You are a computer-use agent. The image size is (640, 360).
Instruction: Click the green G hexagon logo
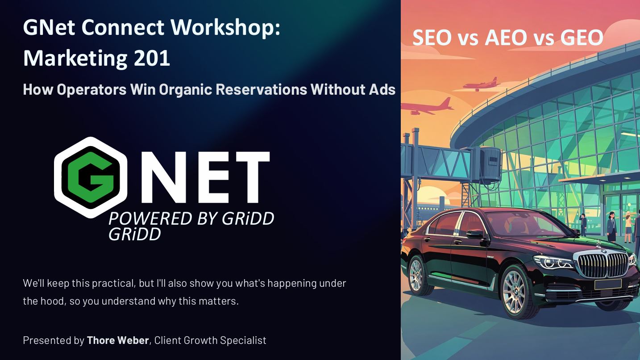(x=91, y=177)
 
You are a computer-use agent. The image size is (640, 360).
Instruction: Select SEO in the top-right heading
(x=432, y=38)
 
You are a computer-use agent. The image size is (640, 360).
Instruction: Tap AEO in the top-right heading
(x=506, y=38)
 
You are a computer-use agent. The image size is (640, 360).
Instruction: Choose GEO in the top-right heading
(x=582, y=38)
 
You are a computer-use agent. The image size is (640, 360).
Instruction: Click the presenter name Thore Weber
(x=118, y=340)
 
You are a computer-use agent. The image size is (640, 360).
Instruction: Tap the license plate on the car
(x=608, y=284)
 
